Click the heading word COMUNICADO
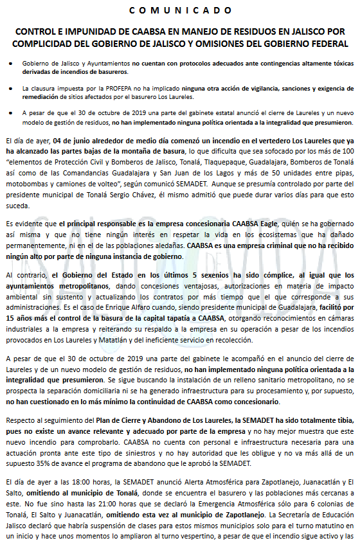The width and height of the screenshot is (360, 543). tap(179, 11)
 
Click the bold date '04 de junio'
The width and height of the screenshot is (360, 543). tap(76, 139)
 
